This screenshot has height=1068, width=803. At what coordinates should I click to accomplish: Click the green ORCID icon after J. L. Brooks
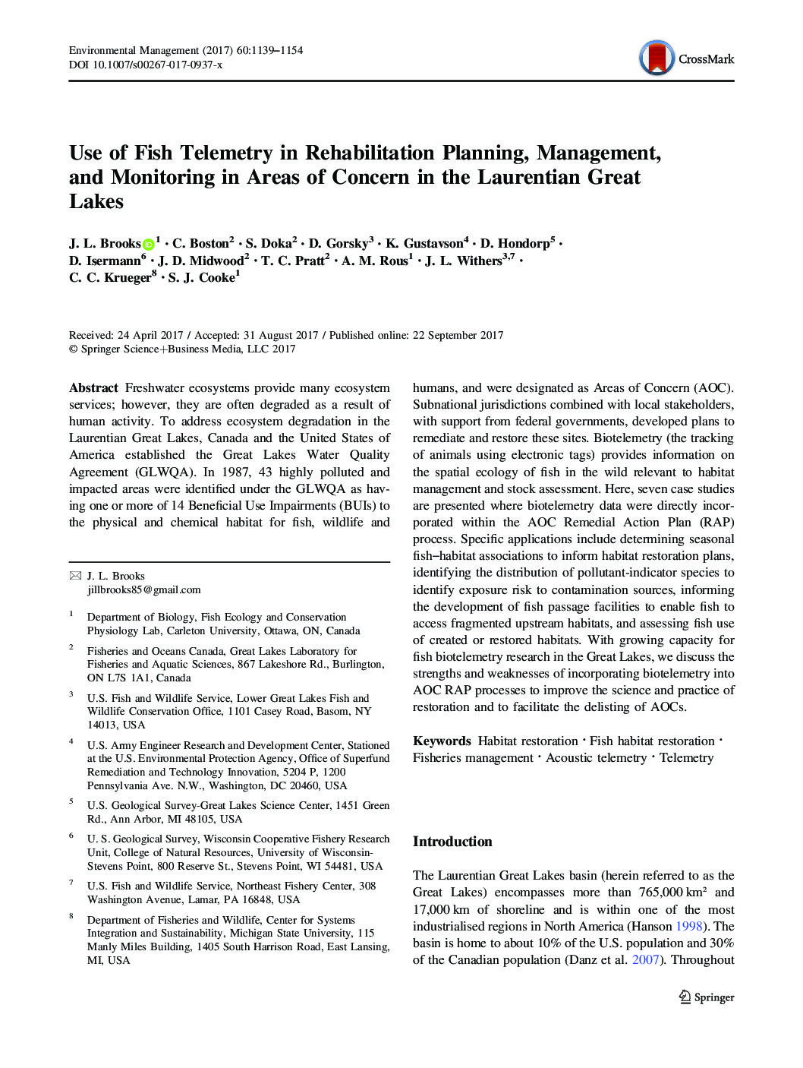click(x=149, y=244)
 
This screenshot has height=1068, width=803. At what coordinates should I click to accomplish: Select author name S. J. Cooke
click(x=201, y=278)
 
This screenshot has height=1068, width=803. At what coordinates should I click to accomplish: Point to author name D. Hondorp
click(x=515, y=244)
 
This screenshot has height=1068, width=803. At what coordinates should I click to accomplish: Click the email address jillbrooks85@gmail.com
click(x=144, y=589)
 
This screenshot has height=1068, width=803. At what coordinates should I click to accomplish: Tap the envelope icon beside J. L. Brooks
click(x=75, y=576)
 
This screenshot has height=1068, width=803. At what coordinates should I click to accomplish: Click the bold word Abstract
click(x=93, y=388)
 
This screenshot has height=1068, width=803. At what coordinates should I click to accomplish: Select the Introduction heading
click(x=452, y=842)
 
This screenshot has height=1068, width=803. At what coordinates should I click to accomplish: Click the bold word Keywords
click(x=442, y=741)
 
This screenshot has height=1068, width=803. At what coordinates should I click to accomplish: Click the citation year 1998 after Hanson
click(x=689, y=926)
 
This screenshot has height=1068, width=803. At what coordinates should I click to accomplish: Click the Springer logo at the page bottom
click(x=707, y=997)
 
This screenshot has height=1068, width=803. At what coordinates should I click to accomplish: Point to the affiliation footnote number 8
click(x=71, y=916)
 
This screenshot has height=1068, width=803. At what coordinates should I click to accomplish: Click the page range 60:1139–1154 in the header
click(x=269, y=50)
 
